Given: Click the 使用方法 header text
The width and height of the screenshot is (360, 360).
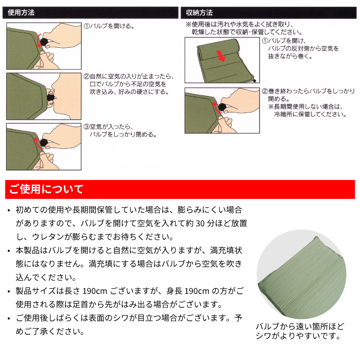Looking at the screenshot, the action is coord(21,13).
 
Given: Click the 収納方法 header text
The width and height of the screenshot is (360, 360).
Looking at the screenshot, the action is coord(199,13).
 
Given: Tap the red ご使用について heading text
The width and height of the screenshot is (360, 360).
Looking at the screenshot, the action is coord(46,189).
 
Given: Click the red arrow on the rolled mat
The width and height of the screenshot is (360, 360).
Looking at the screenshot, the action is coord(221,56).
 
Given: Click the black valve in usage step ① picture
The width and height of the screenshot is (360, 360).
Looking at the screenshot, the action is coord(44,42).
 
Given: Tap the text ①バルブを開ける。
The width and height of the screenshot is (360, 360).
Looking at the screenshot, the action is coord(109,26).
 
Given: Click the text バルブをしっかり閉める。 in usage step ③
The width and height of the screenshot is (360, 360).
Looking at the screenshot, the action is coord(123,134).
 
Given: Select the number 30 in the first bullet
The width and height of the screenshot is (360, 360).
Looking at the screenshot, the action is coord(200,223).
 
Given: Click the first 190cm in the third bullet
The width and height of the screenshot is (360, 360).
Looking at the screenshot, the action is coord(94,291).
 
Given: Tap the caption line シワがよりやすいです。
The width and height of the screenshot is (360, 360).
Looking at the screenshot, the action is coord(298,336).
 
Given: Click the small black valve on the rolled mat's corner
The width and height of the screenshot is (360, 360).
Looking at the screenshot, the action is coord(255,81).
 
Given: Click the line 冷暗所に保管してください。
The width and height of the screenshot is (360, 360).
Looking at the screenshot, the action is coord(310,114).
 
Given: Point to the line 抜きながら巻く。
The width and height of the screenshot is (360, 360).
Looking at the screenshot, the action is coord(290,56).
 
